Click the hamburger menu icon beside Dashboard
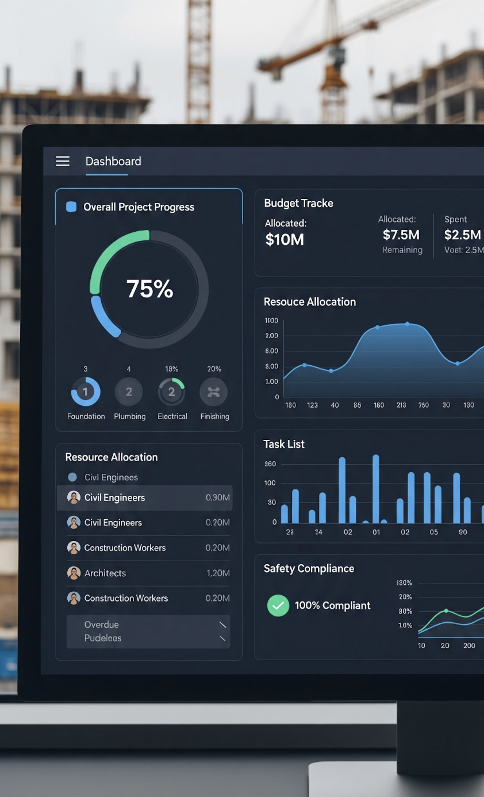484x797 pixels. [x=63, y=162]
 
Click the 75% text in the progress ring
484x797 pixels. [x=149, y=289]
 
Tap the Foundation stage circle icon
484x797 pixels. [x=86, y=392]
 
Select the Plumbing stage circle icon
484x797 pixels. [x=129, y=392]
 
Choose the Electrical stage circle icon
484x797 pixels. [x=171, y=392]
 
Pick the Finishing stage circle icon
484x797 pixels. [x=214, y=392]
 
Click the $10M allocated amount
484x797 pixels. [x=285, y=239]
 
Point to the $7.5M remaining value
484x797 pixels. [x=401, y=235]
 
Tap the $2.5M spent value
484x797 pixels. [x=462, y=235]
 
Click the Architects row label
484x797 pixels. [x=105, y=573]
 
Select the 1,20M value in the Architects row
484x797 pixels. [x=218, y=573]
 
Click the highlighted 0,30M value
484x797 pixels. [x=218, y=498]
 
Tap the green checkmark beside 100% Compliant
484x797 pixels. [x=278, y=606]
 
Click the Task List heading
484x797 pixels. [x=284, y=444]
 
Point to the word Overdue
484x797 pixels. [x=102, y=624]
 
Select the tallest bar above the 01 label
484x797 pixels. [x=376, y=489]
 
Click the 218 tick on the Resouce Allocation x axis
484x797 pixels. [x=401, y=405]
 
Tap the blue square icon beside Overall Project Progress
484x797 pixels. [x=71, y=207]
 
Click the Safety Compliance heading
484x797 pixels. [x=309, y=569]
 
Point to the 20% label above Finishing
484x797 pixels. [x=214, y=369]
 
